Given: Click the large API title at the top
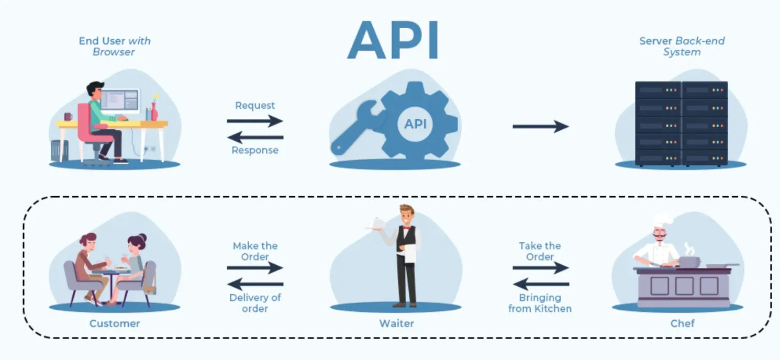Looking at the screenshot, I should [393, 41].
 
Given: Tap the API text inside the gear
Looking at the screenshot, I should [415, 124].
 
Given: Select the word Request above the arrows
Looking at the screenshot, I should [255, 106].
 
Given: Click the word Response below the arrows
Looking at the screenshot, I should [255, 151].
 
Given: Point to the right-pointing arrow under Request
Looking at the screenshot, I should [255, 121].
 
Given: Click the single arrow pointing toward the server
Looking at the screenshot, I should [540, 126].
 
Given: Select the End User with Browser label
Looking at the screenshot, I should [115, 46].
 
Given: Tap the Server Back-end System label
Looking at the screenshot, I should [682, 46].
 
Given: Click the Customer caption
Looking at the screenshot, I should [115, 323].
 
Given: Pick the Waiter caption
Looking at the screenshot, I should [396, 323].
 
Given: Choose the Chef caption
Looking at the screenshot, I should [682, 323].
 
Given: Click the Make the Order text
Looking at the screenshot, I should [255, 251].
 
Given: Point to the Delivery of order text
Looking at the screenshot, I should [255, 303].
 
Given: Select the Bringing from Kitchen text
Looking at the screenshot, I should [540, 303].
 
